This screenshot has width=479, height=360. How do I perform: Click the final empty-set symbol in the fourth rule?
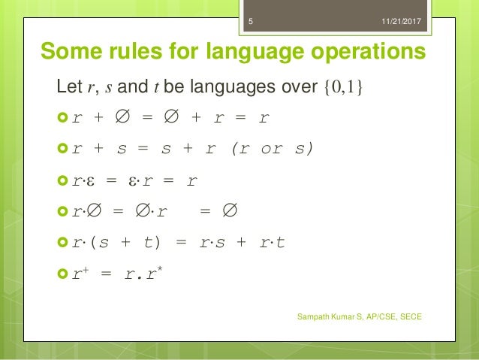click(230, 212)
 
